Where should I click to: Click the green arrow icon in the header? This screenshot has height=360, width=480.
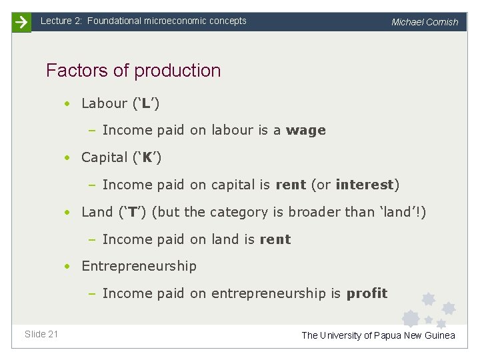click(x=21, y=22)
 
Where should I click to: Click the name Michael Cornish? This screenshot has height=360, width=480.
click(x=425, y=22)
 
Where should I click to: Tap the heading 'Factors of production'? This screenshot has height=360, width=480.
click(x=133, y=70)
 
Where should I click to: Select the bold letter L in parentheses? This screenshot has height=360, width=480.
click(x=146, y=103)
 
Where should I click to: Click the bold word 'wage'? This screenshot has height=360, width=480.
click(x=306, y=131)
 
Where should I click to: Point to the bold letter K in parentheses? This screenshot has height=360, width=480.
click(x=147, y=158)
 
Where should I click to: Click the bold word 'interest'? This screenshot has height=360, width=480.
click(x=365, y=185)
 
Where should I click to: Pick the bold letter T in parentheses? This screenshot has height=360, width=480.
click(x=133, y=213)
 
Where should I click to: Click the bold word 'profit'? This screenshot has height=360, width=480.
click(x=367, y=293)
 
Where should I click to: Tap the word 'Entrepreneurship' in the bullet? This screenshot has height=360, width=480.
click(x=139, y=266)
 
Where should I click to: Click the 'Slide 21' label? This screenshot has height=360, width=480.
click(x=41, y=334)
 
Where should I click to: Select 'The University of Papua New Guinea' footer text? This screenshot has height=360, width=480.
click(x=378, y=335)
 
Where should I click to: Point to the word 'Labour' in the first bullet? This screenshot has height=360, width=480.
click(x=104, y=103)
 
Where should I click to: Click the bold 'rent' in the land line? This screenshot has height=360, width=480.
click(x=275, y=239)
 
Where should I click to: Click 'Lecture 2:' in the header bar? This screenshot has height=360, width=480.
click(x=61, y=21)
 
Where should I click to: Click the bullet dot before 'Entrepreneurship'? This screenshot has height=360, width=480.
click(x=68, y=267)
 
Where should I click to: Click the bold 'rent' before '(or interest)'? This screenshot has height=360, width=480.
click(x=290, y=185)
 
